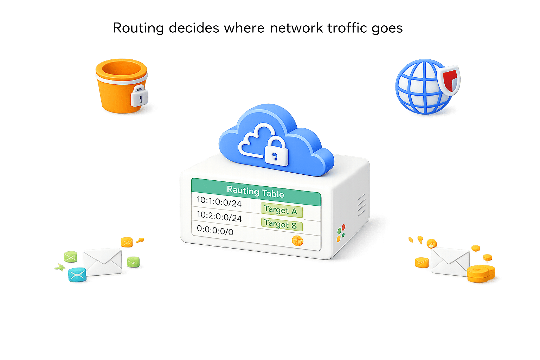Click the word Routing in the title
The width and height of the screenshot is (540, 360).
click(138, 28)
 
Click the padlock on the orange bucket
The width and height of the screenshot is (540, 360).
click(139, 95)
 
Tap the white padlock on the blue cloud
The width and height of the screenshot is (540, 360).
click(276, 152)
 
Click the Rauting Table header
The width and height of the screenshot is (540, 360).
click(256, 192)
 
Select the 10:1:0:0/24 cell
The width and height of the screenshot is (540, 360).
click(219, 202)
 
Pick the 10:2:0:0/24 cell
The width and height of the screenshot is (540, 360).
click(219, 216)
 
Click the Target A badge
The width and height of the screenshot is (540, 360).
click(281, 210)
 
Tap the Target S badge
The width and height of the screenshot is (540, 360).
click(281, 224)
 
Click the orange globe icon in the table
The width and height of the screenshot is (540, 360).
click(297, 241)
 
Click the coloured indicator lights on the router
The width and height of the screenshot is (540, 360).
click(341, 233)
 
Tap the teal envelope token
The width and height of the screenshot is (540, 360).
click(77, 275)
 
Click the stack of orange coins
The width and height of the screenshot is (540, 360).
click(481, 274)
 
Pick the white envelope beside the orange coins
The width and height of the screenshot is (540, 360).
click(450, 261)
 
